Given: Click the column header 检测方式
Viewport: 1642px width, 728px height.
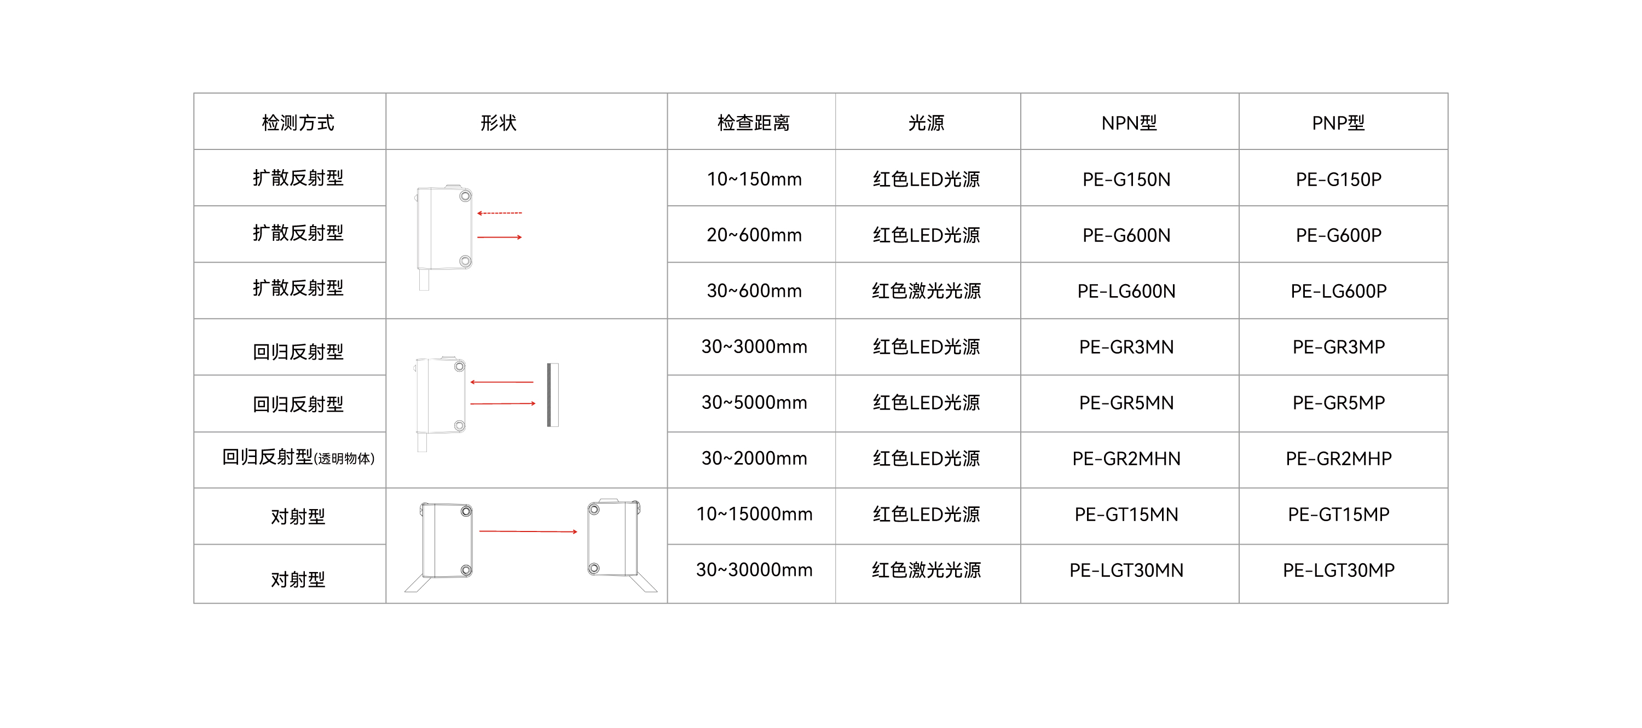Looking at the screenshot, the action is [298, 123].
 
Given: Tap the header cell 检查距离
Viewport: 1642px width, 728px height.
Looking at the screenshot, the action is [754, 123].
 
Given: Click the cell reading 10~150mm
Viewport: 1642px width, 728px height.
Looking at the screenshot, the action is [754, 179].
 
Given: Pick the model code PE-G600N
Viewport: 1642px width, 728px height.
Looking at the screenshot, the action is [1126, 235].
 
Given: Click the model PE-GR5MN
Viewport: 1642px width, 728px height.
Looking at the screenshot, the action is [1126, 403].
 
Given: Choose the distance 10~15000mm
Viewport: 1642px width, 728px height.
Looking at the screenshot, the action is [754, 514].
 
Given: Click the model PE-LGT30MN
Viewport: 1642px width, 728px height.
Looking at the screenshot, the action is [1126, 570].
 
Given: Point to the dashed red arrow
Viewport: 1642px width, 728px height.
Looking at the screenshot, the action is [500, 213].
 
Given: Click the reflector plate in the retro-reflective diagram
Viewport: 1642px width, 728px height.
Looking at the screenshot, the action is [553, 395].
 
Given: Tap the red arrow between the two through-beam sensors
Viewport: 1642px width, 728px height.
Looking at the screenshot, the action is [528, 531].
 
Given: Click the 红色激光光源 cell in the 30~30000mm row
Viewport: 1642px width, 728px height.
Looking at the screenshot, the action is [926, 570].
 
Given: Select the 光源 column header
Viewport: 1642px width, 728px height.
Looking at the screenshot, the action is [926, 123].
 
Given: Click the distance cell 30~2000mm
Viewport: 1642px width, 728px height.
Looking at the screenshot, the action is [754, 458].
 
